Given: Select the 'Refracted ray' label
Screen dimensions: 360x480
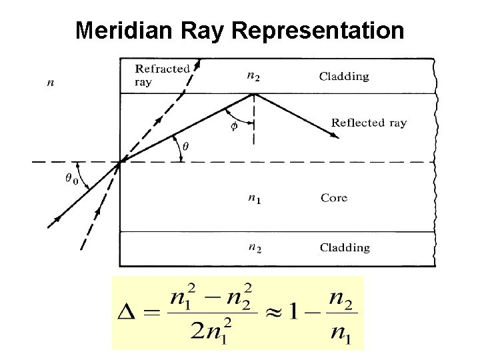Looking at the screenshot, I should click(162, 74).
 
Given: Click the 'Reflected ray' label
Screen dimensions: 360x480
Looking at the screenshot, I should click(369, 123).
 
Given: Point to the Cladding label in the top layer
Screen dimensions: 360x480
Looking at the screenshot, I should click(344, 76).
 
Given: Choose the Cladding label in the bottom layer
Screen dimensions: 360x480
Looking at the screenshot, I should click(344, 247).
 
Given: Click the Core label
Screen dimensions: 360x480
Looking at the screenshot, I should click(334, 198).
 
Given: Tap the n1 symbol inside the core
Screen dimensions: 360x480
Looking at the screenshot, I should click(253, 199).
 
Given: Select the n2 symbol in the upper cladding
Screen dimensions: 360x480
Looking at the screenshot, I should click(254, 77).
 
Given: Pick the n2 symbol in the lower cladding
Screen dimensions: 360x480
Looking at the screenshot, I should click(254, 249).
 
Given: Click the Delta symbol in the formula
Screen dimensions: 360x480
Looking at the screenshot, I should click(129, 313).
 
